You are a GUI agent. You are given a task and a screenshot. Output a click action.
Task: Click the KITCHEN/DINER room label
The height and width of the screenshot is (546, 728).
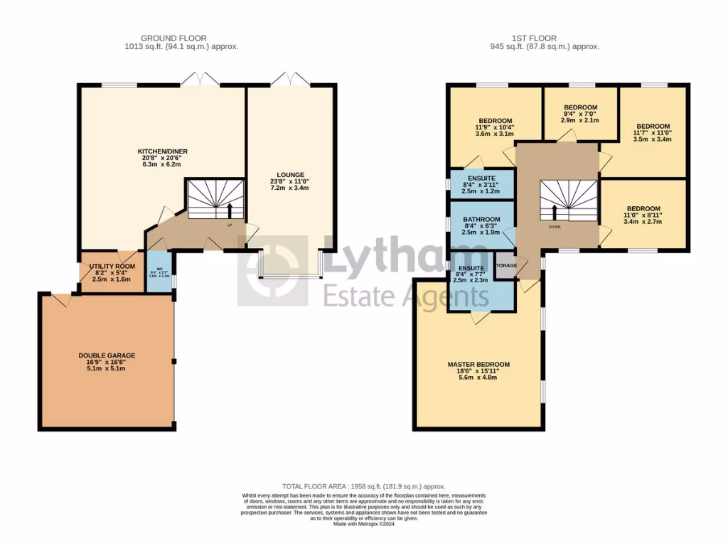[163, 151]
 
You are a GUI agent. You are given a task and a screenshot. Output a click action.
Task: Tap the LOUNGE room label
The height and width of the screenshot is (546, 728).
[291, 174]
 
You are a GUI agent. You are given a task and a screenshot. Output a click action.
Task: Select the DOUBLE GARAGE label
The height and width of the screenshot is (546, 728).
[107, 355]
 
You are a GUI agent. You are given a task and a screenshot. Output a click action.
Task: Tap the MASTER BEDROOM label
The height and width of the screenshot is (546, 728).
[478, 365]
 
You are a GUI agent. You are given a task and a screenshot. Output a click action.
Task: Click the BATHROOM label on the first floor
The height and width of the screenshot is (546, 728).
[481, 220]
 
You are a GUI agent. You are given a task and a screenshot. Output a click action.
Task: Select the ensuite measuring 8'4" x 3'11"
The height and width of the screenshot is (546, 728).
[481, 178]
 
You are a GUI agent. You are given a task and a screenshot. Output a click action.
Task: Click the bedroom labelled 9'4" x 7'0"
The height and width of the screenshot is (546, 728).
[580, 107]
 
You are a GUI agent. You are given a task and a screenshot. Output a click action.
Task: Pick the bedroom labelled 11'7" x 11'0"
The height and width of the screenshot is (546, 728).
[653, 127]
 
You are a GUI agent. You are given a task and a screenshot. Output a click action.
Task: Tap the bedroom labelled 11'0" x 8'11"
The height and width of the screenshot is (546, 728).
[643, 210]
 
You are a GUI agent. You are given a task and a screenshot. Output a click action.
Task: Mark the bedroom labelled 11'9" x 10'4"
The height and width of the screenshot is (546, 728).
[495, 121]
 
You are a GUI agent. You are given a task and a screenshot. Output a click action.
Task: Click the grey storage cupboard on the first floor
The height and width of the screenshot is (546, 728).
[505, 266]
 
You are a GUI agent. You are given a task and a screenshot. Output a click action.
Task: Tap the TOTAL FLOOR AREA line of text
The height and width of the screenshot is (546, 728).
[363, 486]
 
